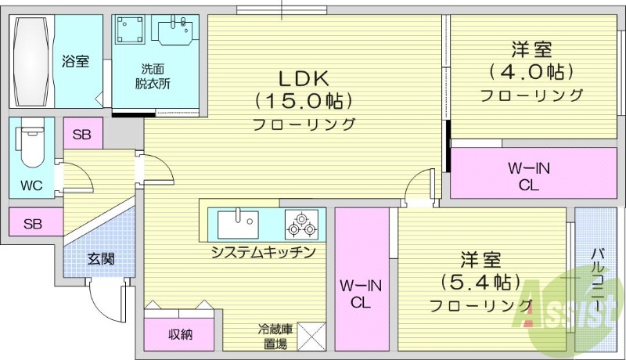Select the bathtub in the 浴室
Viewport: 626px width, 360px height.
pyautogui.click(x=31, y=62)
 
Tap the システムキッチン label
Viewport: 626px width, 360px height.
pyautogui.click(x=263, y=252)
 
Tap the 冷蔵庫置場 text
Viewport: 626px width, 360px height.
pyautogui.click(x=273, y=337)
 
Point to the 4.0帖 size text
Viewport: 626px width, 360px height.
pyautogui.click(x=532, y=72)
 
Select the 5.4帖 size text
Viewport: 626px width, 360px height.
pyautogui.click(x=480, y=281)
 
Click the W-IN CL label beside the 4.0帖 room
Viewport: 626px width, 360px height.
pyautogui.click(x=523, y=176)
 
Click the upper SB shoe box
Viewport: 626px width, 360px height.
pyautogui.click(x=81, y=134)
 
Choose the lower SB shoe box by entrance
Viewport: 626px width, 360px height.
pyautogui.click(x=32, y=224)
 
